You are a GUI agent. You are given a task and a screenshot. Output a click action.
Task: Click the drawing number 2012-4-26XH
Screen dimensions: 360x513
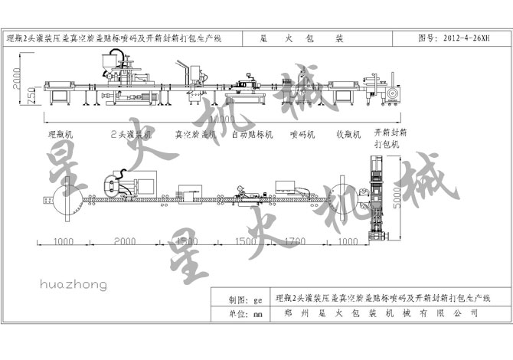pos(461,37)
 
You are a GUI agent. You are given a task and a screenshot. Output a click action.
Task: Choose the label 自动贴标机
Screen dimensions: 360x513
pos(253,133)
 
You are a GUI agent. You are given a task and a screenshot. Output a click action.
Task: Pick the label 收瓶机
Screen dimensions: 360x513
pos(349,133)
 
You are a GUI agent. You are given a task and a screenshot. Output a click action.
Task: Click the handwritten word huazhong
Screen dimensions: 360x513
pos(74,285)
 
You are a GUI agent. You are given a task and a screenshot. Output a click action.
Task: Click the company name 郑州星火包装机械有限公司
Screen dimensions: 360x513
pos(380,313)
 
